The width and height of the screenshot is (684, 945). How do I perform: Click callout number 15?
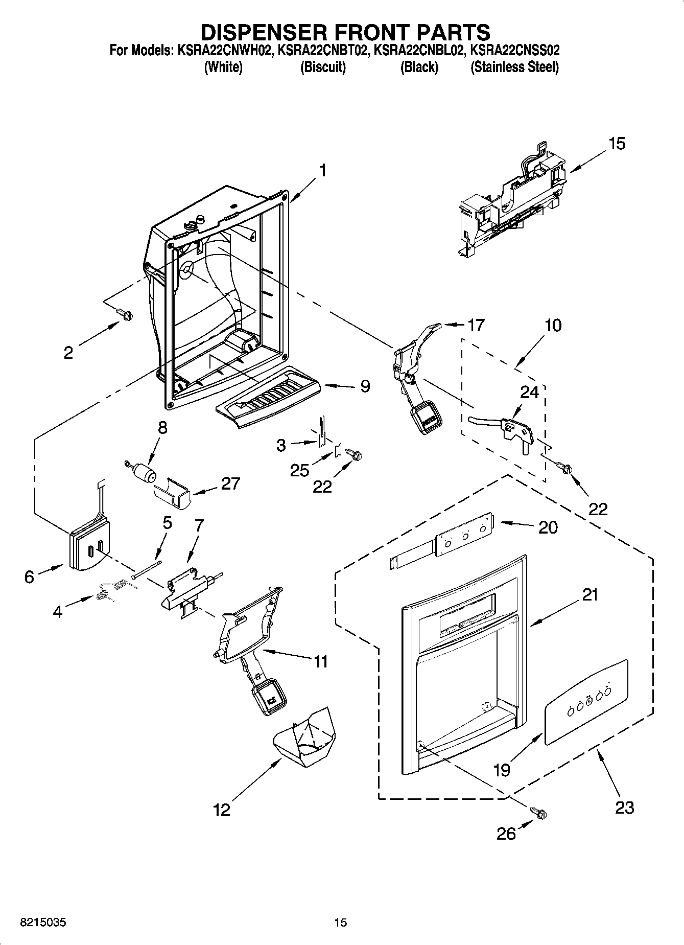click(x=617, y=144)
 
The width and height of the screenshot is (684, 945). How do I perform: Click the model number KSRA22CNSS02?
click(x=514, y=51)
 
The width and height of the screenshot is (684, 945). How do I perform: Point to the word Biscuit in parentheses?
click(x=323, y=67)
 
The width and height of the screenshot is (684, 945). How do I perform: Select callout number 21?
click(x=589, y=595)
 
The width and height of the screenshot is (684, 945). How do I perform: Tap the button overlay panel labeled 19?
click(x=585, y=702)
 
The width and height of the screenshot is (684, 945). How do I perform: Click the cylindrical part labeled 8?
click(x=145, y=473)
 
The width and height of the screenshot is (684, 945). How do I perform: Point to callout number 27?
click(x=230, y=483)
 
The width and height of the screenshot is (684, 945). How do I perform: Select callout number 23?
click(x=624, y=808)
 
